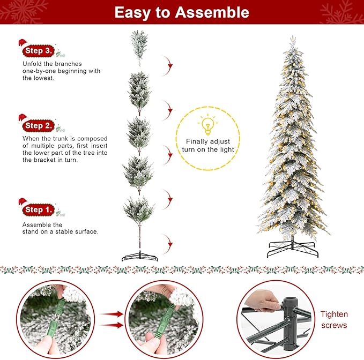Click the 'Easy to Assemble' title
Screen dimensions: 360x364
click(x=182, y=12)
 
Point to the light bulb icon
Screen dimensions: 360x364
click(x=208, y=124)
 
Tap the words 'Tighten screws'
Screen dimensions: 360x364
click(x=335, y=320)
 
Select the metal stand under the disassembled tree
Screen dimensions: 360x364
click(x=139, y=255)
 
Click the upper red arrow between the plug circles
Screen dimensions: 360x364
click(x=110, y=314)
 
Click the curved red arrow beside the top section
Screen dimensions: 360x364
click(x=169, y=67)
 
